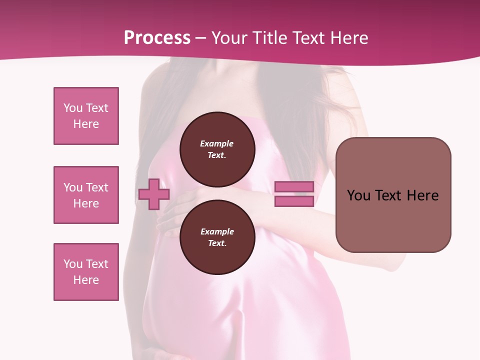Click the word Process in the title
[x=157, y=38]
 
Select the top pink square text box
[x=86, y=116]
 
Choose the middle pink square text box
[x=86, y=195]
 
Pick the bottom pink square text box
[x=86, y=272]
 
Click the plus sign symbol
[x=153, y=194]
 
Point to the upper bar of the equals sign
[x=294, y=186]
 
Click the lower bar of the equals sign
[x=294, y=201]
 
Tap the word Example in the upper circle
[x=217, y=143]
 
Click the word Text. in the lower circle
[x=217, y=243]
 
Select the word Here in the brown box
[x=422, y=195]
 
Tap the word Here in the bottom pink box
[x=86, y=280]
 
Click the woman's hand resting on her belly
[x=172, y=210]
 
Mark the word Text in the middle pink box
[x=97, y=187]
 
